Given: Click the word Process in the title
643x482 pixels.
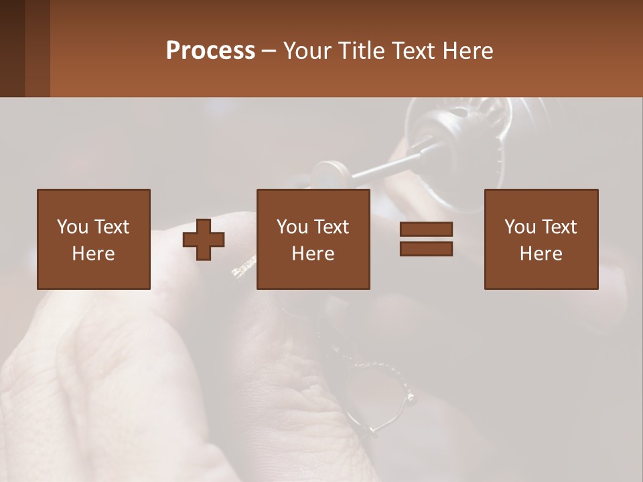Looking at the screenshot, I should (x=210, y=51).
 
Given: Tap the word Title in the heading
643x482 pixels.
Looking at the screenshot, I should (x=362, y=51).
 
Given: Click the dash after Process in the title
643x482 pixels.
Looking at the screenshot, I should (x=269, y=52).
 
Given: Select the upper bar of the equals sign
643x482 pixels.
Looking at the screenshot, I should (x=426, y=230).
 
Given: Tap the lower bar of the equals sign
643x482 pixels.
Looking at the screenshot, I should (x=426, y=248).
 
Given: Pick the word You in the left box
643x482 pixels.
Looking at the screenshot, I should (x=72, y=227).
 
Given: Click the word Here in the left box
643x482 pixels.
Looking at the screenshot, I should (x=94, y=254).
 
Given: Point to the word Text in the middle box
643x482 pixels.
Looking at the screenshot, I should (x=331, y=227).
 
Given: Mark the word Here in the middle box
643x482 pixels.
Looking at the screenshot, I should (x=313, y=254).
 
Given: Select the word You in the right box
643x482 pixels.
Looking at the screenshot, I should (x=520, y=227).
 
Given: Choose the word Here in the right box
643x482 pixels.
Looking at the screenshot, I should (x=541, y=254).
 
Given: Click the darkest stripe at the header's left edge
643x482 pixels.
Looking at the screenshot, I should (x=12, y=48).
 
